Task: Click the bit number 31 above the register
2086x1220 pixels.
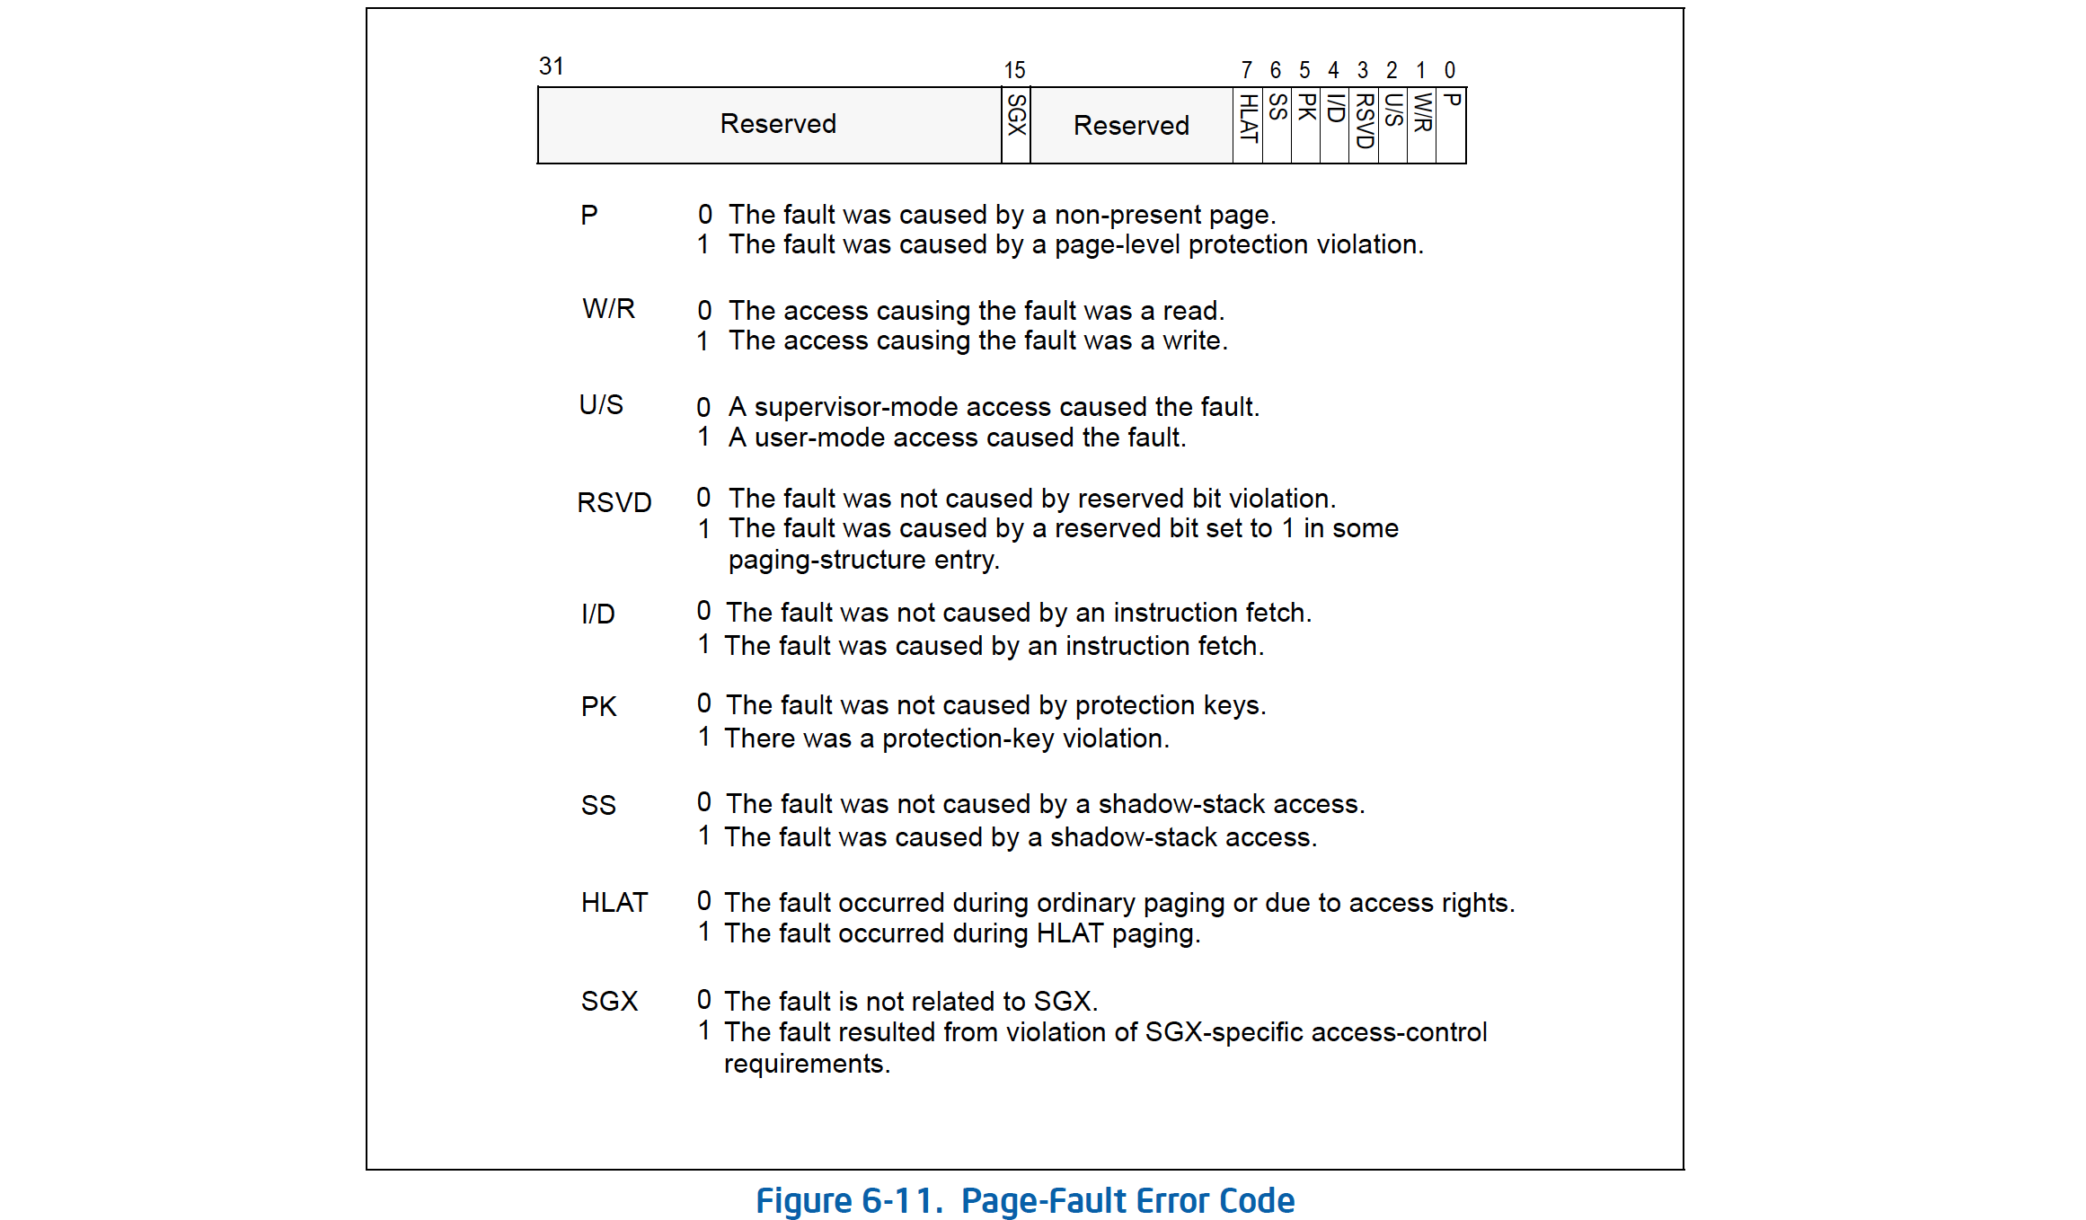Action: tap(551, 66)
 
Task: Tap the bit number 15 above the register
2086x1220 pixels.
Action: tap(1014, 70)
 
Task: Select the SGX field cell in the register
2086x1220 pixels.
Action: tap(1016, 125)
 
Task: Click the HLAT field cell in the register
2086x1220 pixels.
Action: tap(1248, 125)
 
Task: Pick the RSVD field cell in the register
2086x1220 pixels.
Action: tap(1364, 125)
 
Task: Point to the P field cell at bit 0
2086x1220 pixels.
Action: tap(1451, 125)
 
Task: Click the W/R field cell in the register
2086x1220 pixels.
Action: tap(1422, 125)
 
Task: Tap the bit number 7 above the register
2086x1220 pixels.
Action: tap(1246, 70)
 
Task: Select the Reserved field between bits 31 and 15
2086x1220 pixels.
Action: tap(778, 124)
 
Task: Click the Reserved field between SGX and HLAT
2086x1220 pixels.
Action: tap(1131, 126)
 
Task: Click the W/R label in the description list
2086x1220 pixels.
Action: tap(608, 309)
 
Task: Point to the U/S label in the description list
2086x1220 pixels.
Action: tap(601, 405)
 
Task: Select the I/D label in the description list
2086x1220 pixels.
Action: tap(598, 614)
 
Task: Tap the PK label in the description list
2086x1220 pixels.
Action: tap(598, 707)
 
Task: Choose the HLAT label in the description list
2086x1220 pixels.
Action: tap(614, 903)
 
